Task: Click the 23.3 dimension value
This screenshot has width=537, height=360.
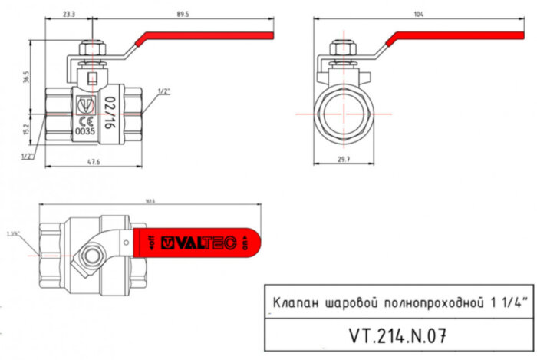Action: (x=69, y=14)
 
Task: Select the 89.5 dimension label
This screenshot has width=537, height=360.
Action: (x=183, y=14)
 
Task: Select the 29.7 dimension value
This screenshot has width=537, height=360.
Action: (x=343, y=159)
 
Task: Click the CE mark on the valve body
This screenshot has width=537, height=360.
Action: (x=86, y=121)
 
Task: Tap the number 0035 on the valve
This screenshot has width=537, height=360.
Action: (x=85, y=131)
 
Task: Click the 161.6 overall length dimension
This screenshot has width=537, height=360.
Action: (x=148, y=201)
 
